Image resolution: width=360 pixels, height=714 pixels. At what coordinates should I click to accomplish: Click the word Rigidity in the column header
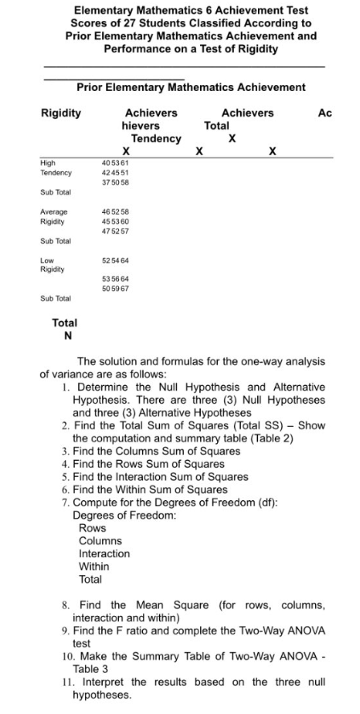point(61,113)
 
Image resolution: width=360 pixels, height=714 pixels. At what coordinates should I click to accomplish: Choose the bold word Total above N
point(64,322)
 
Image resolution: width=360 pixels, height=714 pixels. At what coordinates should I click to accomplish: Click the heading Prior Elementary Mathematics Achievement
point(190,87)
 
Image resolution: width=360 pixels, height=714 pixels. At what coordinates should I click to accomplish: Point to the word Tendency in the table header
point(156,138)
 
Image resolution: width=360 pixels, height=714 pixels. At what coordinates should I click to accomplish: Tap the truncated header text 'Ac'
point(325,113)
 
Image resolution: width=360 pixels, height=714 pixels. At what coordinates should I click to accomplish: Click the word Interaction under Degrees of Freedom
point(104,554)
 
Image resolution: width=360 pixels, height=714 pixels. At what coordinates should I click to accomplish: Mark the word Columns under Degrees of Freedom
point(100,542)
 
